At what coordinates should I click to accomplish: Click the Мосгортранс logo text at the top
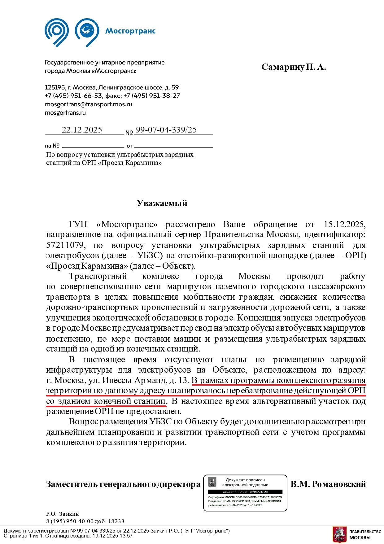[130, 31]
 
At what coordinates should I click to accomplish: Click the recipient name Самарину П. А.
[293, 67]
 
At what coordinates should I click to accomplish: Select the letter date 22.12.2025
[82, 130]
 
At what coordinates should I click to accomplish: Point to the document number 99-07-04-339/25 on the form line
[166, 130]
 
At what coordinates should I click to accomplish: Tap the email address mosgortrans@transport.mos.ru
[88, 104]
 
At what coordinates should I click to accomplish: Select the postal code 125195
[55, 87]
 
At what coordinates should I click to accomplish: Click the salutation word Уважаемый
[162, 203]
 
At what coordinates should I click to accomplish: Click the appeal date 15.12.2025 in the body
[345, 224]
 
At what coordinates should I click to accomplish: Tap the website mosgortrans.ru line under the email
[65, 113]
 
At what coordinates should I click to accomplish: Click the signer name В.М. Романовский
[328, 484]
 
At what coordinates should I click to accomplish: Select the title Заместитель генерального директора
[123, 484]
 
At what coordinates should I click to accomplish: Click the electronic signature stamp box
[245, 493]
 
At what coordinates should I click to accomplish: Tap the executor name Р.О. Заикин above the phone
[63, 514]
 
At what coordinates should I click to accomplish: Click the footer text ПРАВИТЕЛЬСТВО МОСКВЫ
[365, 534]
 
